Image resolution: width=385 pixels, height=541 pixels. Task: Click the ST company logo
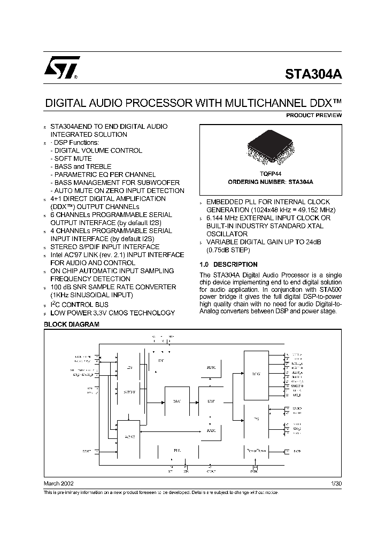click(x=62, y=67)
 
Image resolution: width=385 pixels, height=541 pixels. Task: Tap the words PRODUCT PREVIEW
click(x=314, y=115)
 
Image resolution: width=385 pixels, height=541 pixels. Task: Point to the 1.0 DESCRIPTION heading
click(x=228, y=265)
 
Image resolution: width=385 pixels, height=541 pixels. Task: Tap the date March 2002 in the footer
click(x=59, y=484)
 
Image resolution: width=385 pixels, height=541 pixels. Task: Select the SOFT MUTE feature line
click(x=73, y=159)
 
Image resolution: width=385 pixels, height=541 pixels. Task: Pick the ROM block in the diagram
click(x=211, y=368)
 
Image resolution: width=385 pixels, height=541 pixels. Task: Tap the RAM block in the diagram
click(x=211, y=430)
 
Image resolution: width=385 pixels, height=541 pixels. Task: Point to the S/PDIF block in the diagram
click(x=129, y=392)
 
